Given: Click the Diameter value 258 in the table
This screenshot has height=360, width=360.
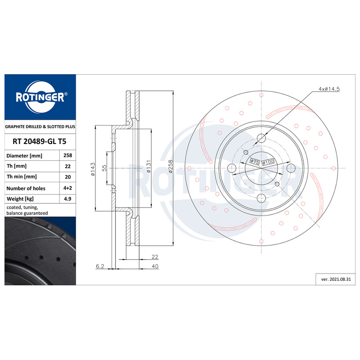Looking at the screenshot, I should point(68,155).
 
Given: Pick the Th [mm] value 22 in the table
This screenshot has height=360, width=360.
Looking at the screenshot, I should point(68,166).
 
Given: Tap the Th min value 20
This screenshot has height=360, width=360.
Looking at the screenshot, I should point(68,177).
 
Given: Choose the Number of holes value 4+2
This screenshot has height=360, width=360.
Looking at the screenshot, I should point(68,188).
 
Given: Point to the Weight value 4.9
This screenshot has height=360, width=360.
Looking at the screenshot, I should point(68,198).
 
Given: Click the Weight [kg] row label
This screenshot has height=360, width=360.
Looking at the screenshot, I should point(20,198).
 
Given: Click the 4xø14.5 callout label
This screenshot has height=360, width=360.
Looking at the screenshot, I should point(329,89).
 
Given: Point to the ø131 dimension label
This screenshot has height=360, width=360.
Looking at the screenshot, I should point(147,168).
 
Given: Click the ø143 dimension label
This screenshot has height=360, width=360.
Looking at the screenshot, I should point(92,169).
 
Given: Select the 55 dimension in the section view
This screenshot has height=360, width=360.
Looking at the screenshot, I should point(104,168).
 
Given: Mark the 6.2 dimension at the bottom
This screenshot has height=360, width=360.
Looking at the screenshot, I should point(100,266).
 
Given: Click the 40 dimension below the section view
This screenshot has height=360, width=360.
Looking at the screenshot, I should point(155,266).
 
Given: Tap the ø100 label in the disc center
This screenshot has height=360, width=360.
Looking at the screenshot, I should point(268,162).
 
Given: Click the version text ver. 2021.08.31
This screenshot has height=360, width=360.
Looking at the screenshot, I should point(335,279).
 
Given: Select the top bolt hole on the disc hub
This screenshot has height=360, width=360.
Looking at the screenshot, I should point(261,139).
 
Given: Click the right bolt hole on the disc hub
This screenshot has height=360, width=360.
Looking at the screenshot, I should point(291,168).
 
